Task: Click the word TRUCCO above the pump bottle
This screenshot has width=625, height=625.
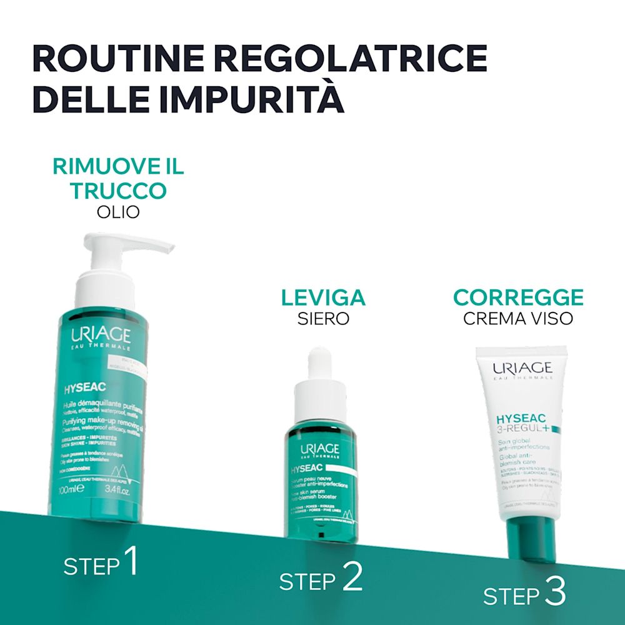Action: [118, 191]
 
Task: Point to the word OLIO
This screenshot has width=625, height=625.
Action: [118, 212]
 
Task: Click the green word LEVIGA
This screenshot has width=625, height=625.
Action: [323, 297]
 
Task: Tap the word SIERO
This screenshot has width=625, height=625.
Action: [323, 319]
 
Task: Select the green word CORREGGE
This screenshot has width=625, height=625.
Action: [518, 297]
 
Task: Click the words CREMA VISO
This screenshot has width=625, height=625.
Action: [518, 319]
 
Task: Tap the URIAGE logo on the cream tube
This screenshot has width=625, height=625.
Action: [522, 368]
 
